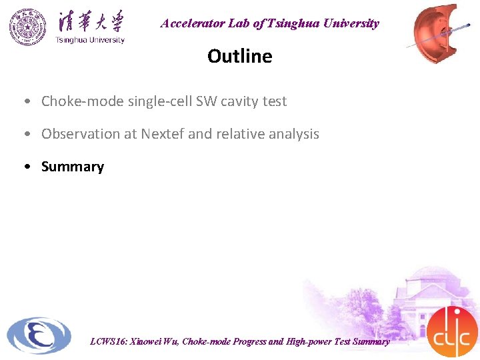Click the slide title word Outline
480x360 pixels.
pyautogui.click(x=239, y=56)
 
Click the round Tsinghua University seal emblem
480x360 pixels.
pyautogui.click(x=28, y=27)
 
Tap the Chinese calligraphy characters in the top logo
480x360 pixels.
pyautogui.click(x=90, y=21)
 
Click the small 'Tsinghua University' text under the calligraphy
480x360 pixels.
pyautogui.click(x=90, y=40)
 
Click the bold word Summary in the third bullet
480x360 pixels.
pyautogui.click(x=73, y=167)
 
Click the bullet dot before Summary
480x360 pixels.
pyautogui.click(x=25, y=167)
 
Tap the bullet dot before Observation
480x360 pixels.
pyautogui.click(x=25, y=134)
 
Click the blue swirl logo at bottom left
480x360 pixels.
pyautogui.click(x=39, y=335)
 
